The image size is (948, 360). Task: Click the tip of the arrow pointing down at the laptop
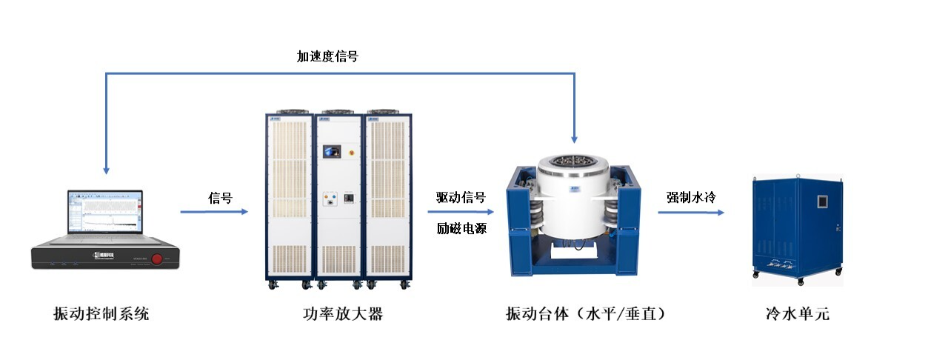pyautogui.click(x=106, y=174)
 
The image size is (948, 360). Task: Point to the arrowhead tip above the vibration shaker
pyautogui.click(x=574, y=143)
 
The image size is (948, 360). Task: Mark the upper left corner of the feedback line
pyautogui.click(x=106, y=73)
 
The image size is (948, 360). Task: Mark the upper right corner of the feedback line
pyautogui.click(x=574, y=73)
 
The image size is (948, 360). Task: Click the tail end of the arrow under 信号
pyautogui.click(x=181, y=212)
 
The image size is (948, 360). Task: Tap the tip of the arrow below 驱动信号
pyautogui.click(x=494, y=212)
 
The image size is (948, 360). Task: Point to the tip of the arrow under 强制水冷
pyautogui.click(x=724, y=212)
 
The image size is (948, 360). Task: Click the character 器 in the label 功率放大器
pyautogui.click(x=375, y=314)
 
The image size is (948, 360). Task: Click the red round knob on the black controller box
pyautogui.click(x=157, y=259)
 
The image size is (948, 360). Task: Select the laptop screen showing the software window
pyautogui.click(x=105, y=212)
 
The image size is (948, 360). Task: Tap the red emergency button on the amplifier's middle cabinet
pyautogui.click(x=351, y=153)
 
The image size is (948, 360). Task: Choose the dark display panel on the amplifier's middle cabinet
pyautogui.click(x=332, y=151)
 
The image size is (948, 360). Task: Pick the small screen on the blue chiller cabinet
pyautogui.click(x=822, y=201)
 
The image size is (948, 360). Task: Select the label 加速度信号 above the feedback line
pyautogui.click(x=327, y=56)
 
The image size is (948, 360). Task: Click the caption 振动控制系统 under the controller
pyautogui.click(x=101, y=314)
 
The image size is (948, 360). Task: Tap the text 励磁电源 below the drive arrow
pyautogui.click(x=461, y=229)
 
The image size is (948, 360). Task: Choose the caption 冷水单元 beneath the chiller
pyautogui.click(x=798, y=314)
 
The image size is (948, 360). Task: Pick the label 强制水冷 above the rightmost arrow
pyautogui.click(x=691, y=197)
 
